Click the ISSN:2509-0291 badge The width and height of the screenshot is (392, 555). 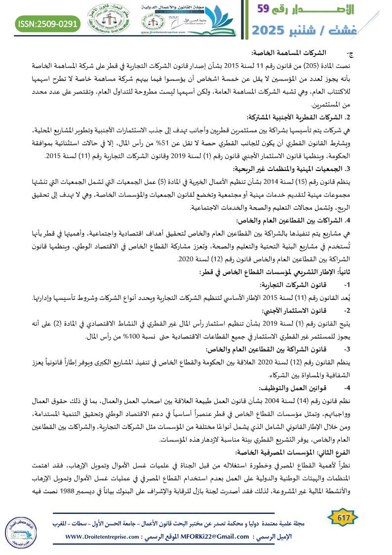[x=48, y=23]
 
